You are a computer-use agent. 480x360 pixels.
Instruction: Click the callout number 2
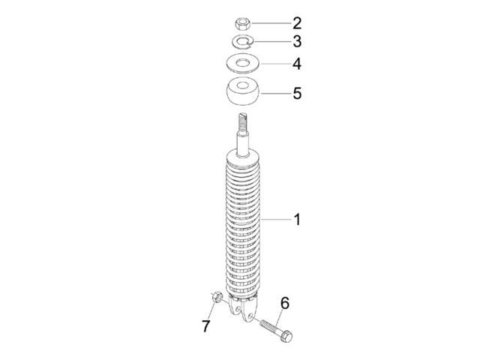point(297,23)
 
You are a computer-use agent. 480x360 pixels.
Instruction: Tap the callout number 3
point(297,41)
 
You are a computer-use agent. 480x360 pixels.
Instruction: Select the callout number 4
point(297,64)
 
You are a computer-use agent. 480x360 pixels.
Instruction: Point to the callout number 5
point(297,93)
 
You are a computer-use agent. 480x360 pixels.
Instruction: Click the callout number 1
point(297,220)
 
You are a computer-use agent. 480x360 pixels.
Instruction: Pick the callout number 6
point(285,303)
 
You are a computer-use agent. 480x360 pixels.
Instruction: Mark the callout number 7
point(206,326)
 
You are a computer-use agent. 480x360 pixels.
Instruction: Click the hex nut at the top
point(243,23)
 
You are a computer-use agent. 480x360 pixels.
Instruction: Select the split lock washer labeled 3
point(242,41)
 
